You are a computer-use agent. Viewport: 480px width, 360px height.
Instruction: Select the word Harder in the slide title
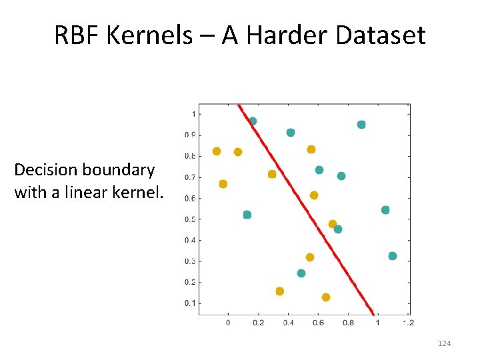291,35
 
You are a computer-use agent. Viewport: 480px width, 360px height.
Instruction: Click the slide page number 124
444,343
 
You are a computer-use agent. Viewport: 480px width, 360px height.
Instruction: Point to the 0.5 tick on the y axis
190,219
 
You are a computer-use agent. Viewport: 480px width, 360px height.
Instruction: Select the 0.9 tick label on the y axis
190,135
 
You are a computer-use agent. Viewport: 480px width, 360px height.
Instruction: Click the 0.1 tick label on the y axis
190,303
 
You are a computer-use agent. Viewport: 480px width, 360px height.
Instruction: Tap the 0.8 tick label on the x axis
348,323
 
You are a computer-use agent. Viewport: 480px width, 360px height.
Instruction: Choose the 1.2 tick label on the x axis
408,323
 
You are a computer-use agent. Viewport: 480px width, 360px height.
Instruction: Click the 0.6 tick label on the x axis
318,323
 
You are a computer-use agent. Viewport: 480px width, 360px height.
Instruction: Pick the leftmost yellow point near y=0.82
217,151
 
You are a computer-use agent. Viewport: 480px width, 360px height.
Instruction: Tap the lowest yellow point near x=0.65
326,297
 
